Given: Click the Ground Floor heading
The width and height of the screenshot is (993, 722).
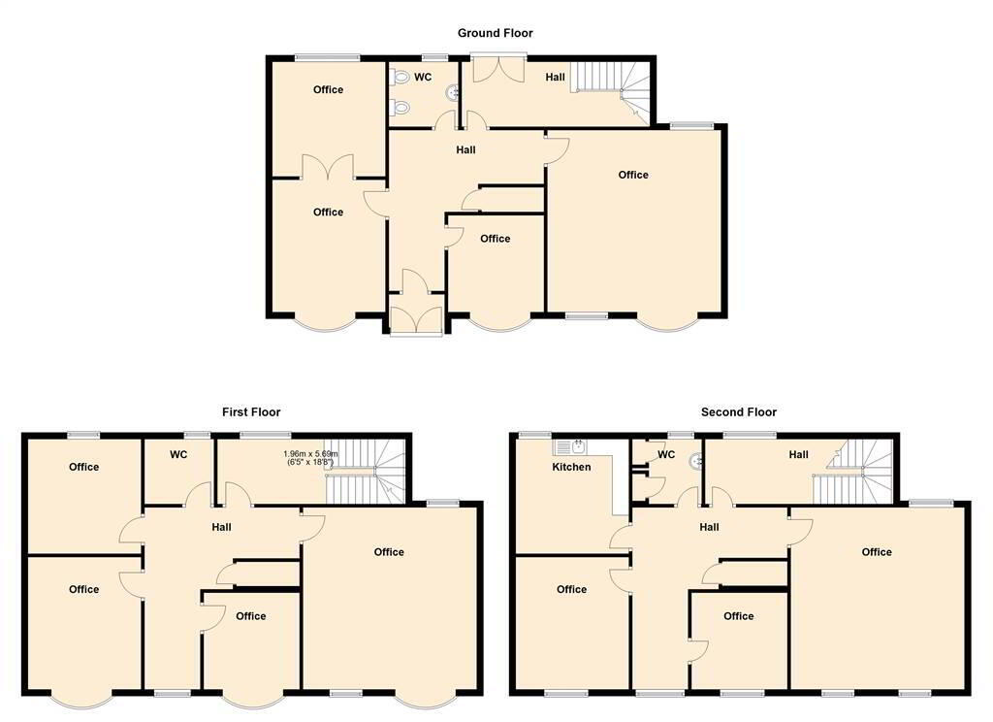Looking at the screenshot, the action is click(x=496, y=33).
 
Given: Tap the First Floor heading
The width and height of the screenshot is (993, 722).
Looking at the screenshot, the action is click(x=251, y=412).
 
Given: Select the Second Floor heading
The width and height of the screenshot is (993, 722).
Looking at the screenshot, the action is click(x=738, y=412).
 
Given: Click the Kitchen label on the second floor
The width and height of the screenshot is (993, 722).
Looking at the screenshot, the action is click(x=571, y=467).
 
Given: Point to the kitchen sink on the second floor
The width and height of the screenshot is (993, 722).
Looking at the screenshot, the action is click(x=570, y=447).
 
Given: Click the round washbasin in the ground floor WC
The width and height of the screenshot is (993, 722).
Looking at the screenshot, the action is click(x=454, y=94).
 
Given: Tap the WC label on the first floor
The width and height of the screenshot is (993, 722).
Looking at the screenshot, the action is click(x=178, y=454).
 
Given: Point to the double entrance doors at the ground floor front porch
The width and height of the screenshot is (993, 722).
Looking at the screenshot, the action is click(x=415, y=320).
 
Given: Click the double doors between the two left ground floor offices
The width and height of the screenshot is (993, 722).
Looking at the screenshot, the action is click(x=328, y=167).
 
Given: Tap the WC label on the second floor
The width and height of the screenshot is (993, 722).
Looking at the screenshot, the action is click(x=666, y=454).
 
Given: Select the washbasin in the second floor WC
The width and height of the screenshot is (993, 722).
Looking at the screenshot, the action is click(x=696, y=460).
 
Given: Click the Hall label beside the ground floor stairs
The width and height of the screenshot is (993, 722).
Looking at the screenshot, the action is click(x=555, y=77).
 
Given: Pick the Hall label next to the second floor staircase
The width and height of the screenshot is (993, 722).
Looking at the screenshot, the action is click(x=799, y=454).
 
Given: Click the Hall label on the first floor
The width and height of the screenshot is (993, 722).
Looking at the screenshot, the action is click(x=222, y=527).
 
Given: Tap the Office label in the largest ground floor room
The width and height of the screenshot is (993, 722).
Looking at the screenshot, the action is click(x=633, y=175).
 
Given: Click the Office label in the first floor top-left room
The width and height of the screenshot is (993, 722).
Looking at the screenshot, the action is click(x=83, y=467).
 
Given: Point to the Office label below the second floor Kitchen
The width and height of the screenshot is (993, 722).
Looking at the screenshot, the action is click(x=571, y=589).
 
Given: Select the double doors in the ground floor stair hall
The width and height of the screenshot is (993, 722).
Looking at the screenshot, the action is click(x=499, y=69).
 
